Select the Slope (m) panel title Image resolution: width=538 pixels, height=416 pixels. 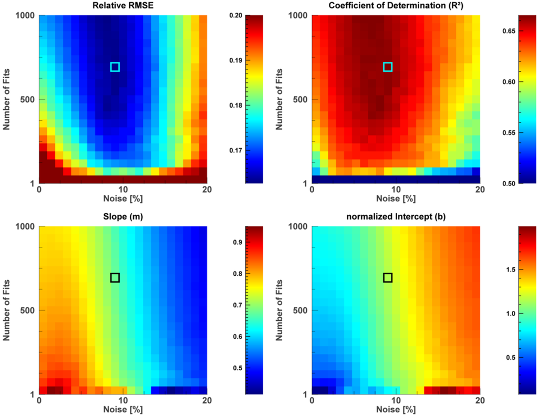point(123,217)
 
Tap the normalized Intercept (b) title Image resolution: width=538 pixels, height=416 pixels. point(396,217)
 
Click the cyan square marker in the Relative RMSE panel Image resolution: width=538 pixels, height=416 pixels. point(115,67)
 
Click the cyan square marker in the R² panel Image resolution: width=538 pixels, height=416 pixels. point(388,67)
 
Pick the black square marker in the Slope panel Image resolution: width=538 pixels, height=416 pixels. point(115,277)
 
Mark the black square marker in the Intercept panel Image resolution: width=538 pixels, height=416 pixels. point(388,277)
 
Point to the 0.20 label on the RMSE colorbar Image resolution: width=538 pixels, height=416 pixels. point(236,16)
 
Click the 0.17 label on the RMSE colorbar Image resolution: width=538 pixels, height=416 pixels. point(236,151)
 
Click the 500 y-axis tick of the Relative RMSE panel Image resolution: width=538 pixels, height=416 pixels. point(28,99)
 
